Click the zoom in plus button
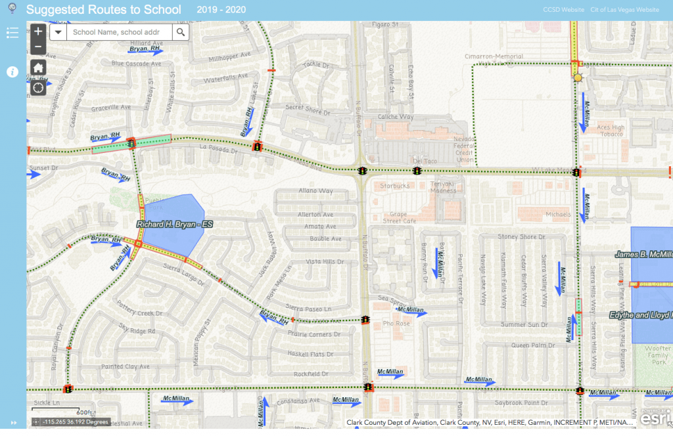click(38, 32)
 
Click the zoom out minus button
click(38, 47)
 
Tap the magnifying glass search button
click(181, 32)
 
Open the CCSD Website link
click(563, 11)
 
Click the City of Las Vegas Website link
click(624, 11)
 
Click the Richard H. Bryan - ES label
click(175, 225)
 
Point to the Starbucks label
click(394, 186)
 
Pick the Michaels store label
click(559, 214)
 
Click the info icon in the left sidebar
click(12, 72)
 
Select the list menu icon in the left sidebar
click(12, 33)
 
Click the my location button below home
click(38, 87)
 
